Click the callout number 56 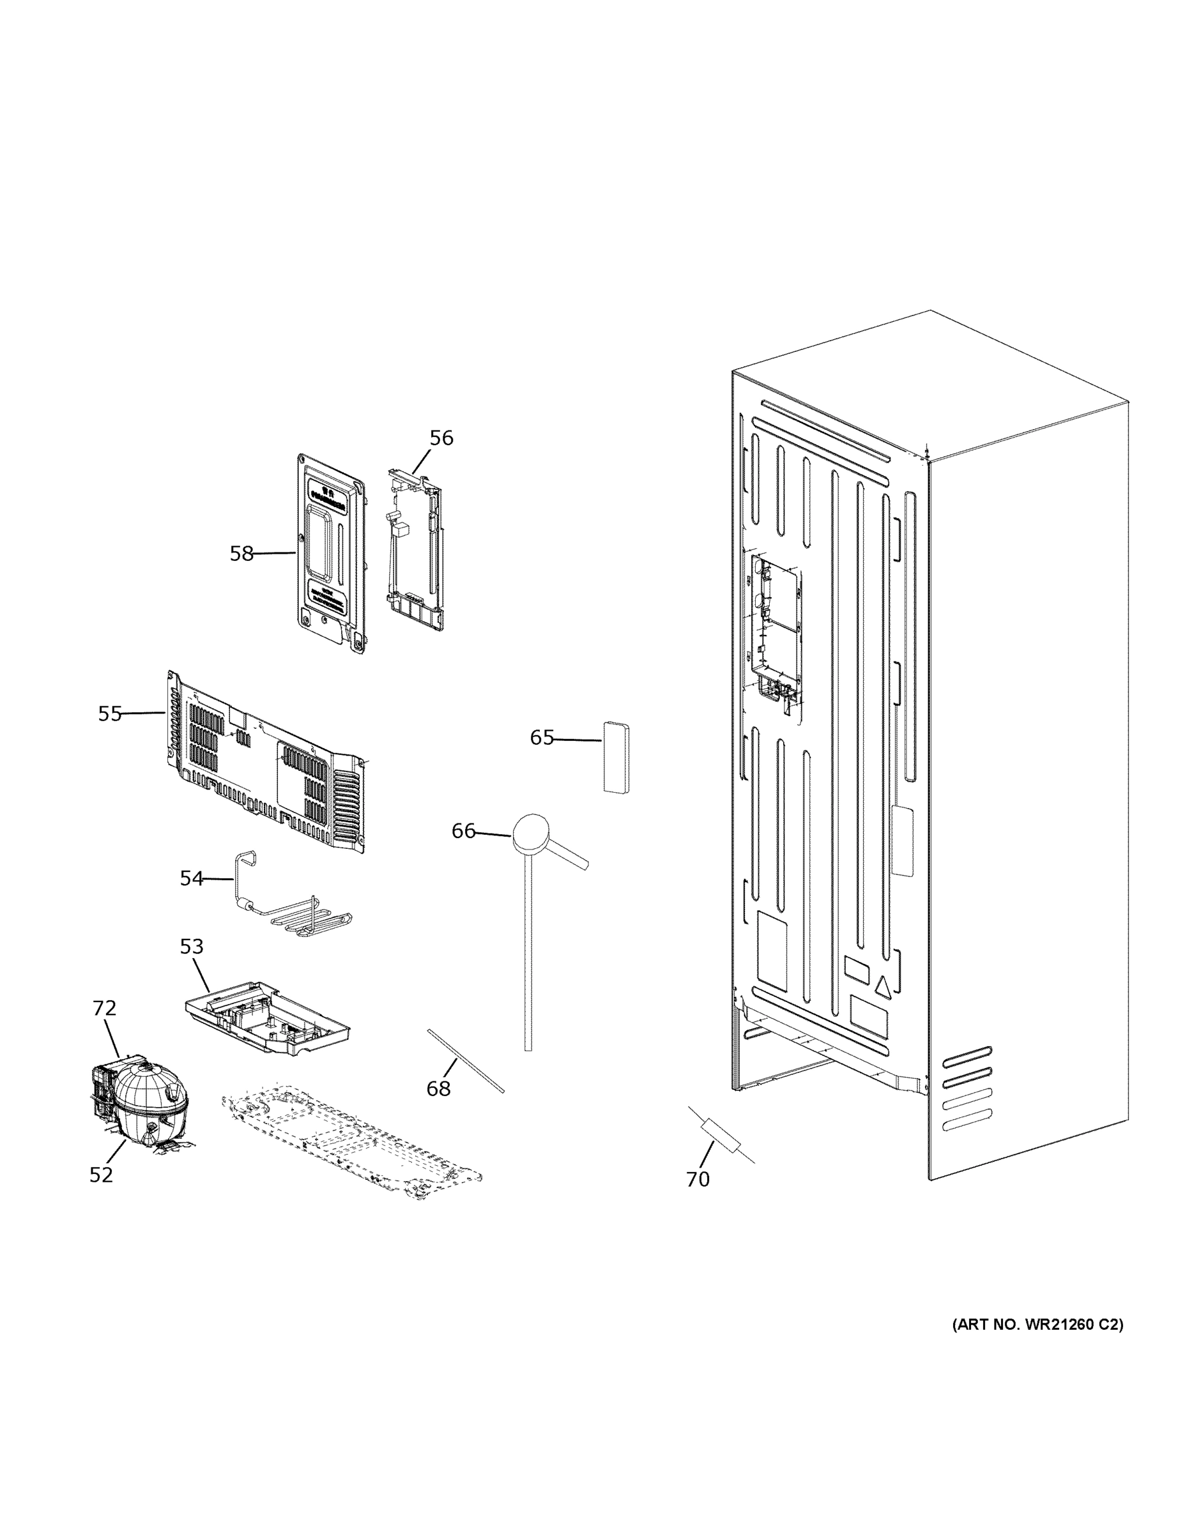point(441,438)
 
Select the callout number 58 point(241,554)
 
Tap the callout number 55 point(109,714)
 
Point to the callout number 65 point(541,738)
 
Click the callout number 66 point(463,831)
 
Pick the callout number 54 point(191,878)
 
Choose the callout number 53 point(191,947)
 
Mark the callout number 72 point(104,1009)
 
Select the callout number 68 point(438,1088)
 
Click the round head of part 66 point(530,833)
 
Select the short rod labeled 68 point(466,1060)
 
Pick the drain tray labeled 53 point(267,1016)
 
